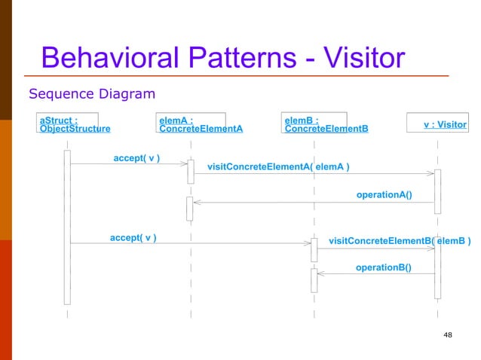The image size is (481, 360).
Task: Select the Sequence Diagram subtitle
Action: tap(91, 94)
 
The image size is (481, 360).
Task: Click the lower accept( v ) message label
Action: tap(133, 238)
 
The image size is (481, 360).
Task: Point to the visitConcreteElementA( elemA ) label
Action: tap(277, 166)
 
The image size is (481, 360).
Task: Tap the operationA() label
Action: tap(384, 195)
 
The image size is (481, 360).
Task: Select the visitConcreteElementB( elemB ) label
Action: tap(400, 241)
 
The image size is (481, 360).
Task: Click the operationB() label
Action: tap(383, 267)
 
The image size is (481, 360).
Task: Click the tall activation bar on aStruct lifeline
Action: tap(67, 226)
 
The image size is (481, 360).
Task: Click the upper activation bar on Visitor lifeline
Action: tap(437, 191)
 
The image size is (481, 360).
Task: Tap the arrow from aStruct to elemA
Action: tap(128, 163)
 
